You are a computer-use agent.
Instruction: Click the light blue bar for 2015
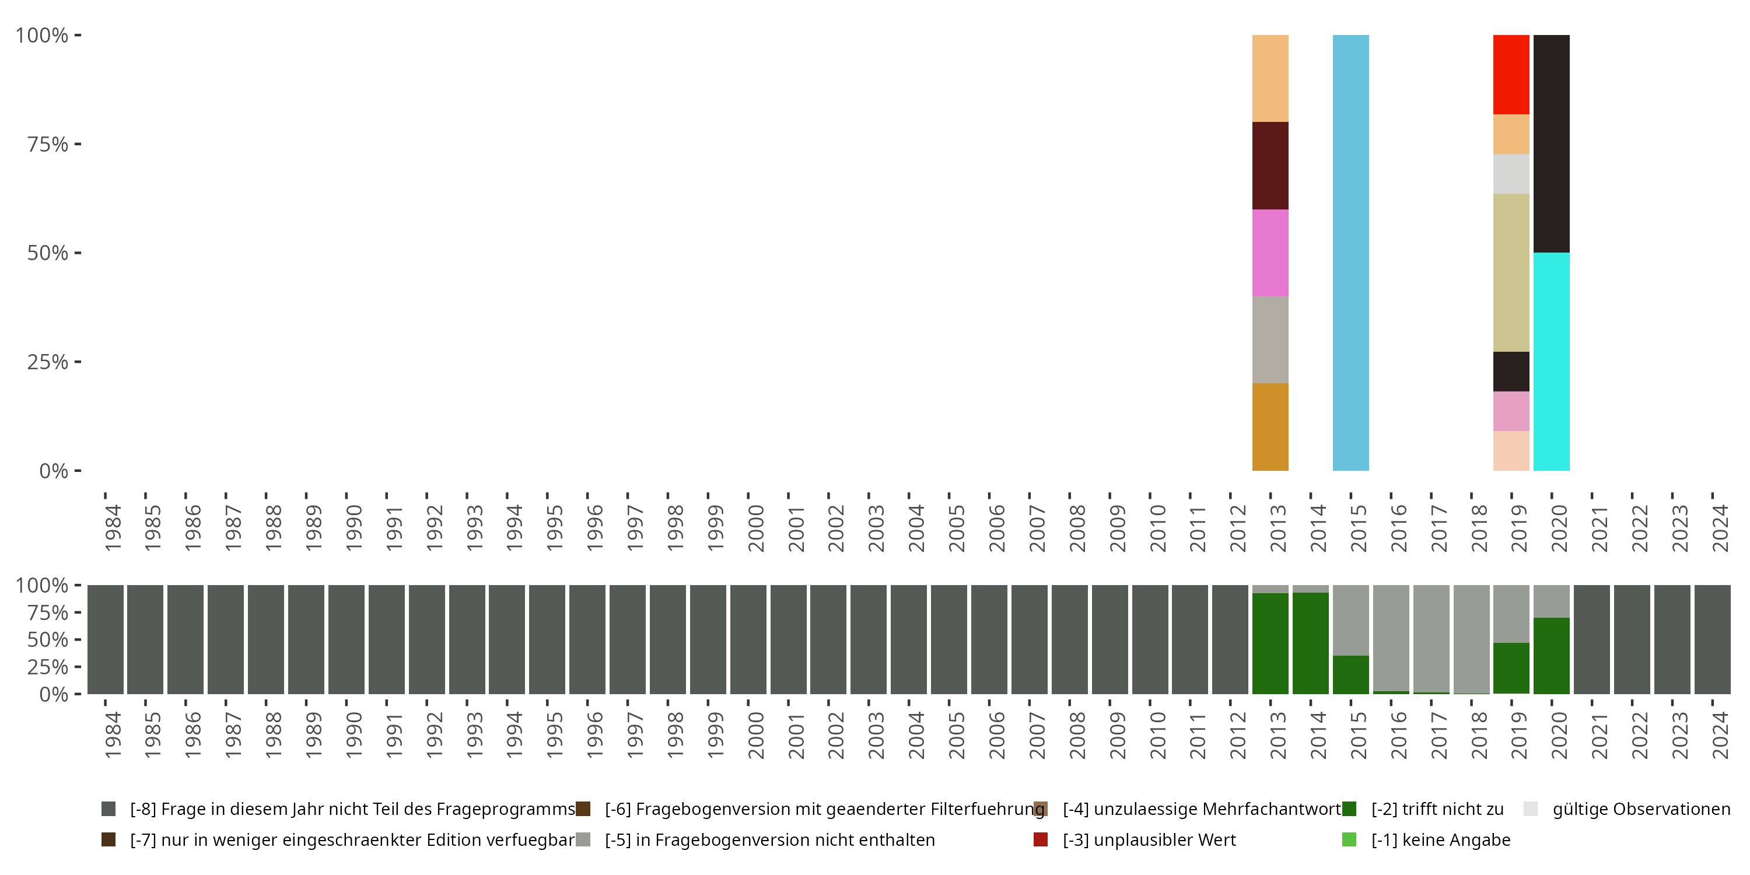[x=1350, y=253]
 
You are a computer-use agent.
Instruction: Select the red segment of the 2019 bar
[x=1511, y=75]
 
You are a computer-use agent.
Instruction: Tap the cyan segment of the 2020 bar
[x=1552, y=362]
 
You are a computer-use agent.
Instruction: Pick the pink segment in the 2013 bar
[x=1270, y=253]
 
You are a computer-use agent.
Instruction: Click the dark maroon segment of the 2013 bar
[x=1270, y=166]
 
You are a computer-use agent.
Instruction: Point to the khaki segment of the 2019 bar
[x=1511, y=272]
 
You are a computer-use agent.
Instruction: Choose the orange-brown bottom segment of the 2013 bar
[x=1270, y=426]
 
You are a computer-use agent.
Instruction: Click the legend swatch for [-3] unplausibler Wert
[x=1040, y=839]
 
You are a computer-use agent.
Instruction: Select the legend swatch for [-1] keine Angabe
[x=1349, y=839]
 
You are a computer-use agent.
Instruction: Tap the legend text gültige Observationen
[x=1641, y=809]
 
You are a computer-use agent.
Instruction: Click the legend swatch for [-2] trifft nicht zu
[x=1349, y=809]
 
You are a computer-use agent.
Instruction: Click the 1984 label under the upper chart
[x=113, y=528]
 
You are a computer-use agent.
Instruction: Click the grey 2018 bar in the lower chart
[x=1472, y=639]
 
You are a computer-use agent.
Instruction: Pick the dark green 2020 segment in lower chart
[x=1552, y=656]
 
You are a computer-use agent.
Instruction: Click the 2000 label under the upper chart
[x=756, y=528]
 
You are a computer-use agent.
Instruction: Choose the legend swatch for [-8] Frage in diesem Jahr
[x=108, y=809]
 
